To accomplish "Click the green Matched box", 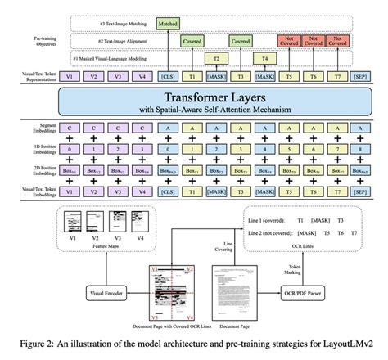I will pyautogui.click(x=169, y=25).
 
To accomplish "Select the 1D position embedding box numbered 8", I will pyautogui.click(x=360, y=152).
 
